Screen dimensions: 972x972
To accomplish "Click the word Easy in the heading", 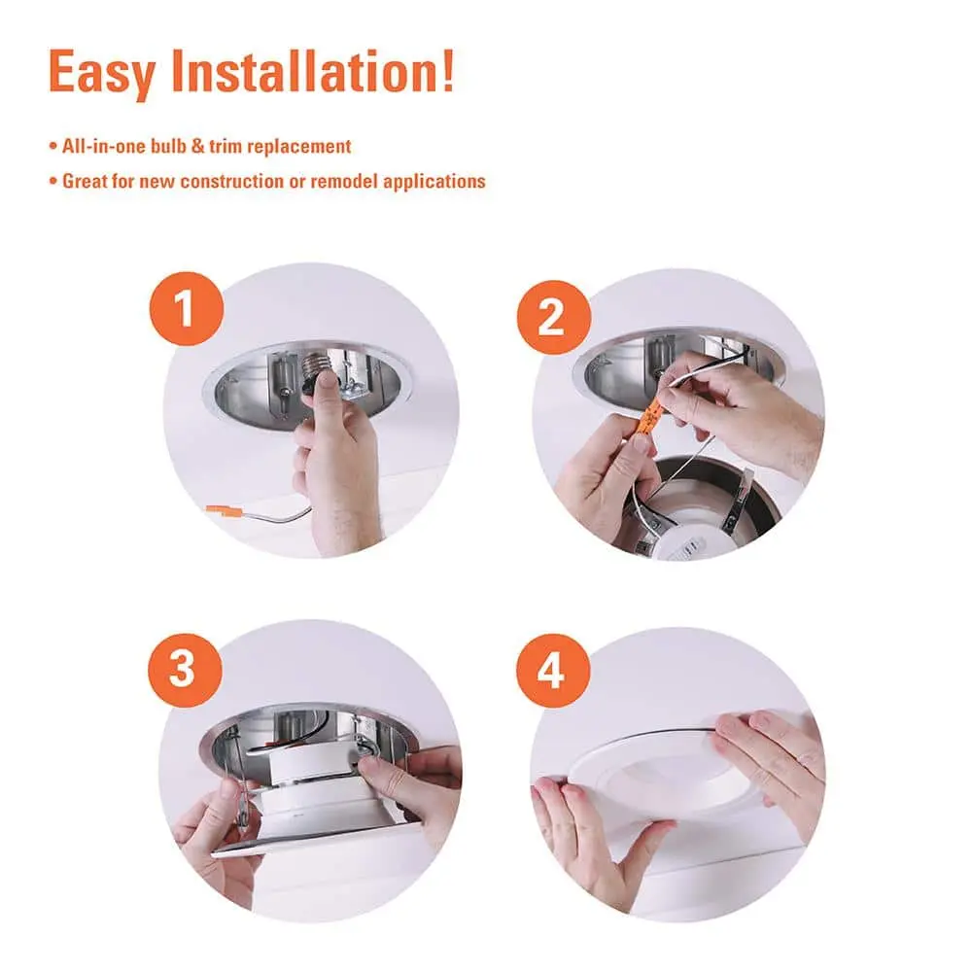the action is point(101,73).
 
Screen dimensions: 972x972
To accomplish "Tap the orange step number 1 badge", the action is point(187,309).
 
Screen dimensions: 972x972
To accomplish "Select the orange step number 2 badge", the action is point(554,318).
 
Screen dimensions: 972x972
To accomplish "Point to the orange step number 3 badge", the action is point(185,670).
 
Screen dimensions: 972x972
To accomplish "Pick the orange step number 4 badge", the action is point(553,671).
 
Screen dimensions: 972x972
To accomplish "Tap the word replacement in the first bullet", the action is point(298,147).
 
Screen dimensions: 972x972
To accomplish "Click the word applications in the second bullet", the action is point(434,183).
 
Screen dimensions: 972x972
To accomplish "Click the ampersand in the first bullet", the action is point(197,147).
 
